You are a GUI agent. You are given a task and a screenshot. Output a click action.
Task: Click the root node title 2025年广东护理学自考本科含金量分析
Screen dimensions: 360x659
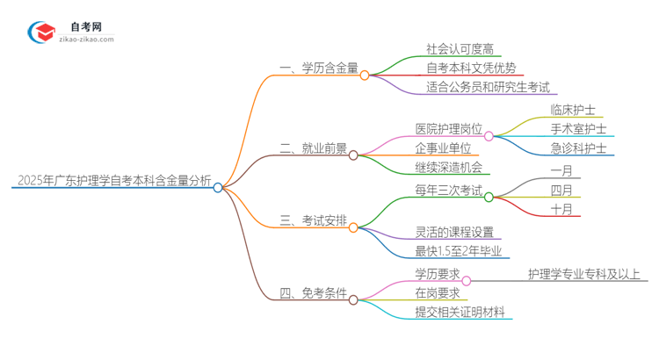[x=113, y=182]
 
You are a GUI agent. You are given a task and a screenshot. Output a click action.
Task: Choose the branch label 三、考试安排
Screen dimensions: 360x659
[x=313, y=220]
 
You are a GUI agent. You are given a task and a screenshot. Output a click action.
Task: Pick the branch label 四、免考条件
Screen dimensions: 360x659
[x=313, y=293]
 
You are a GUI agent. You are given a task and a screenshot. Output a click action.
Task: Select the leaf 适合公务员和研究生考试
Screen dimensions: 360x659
[x=488, y=87]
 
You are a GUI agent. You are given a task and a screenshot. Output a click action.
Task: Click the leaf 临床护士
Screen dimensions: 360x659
[x=572, y=111]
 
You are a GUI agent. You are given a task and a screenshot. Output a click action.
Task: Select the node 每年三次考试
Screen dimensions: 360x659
[x=449, y=189]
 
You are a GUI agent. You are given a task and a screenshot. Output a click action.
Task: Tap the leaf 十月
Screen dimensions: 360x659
[x=561, y=209]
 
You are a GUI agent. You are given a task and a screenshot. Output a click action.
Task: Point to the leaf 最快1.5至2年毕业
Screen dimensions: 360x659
[x=459, y=252]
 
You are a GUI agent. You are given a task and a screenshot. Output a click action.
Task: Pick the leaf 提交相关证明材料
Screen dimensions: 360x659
[x=465, y=313]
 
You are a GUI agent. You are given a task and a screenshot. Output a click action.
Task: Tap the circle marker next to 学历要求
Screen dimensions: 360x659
[x=467, y=281]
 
